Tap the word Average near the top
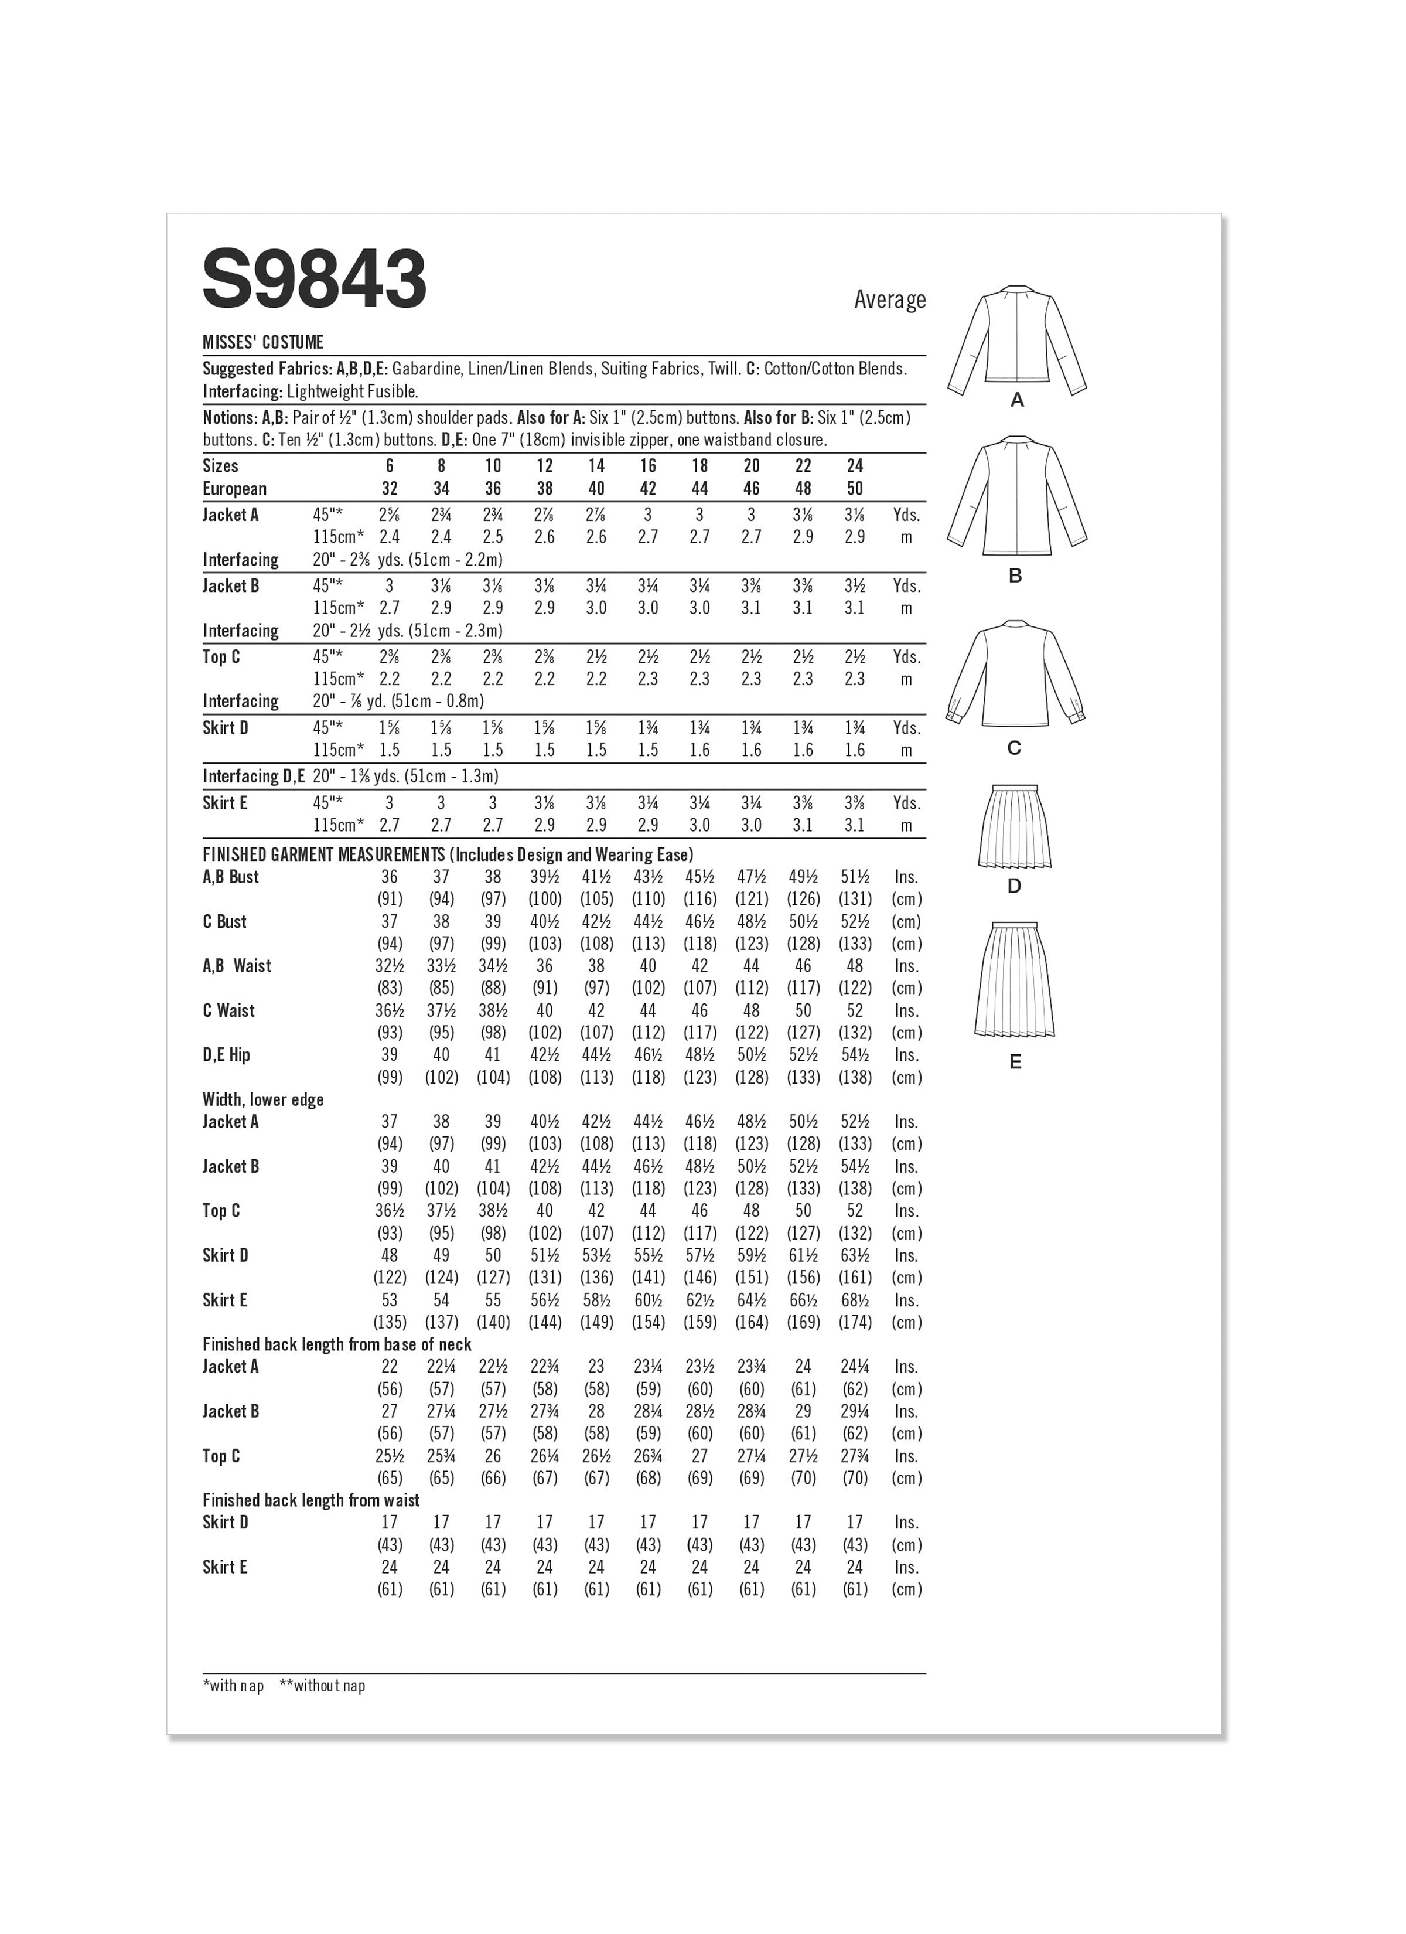tap(889, 299)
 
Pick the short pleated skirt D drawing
tap(1014, 826)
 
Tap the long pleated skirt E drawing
tap(1015, 980)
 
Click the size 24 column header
tap(854, 465)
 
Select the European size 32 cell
tap(390, 489)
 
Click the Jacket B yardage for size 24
tap(854, 587)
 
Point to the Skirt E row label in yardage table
tap(225, 803)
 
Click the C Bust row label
tap(224, 922)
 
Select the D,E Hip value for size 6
tap(390, 1055)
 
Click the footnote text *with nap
tap(233, 1686)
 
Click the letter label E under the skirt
tap(1015, 1063)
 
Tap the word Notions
tap(230, 418)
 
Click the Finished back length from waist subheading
tap(310, 1501)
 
